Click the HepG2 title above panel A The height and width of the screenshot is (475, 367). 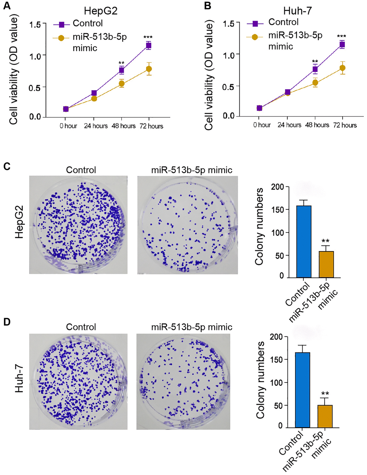[101, 11]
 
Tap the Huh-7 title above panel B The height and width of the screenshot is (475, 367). [297, 11]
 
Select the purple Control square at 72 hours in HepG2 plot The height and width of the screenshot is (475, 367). [149, 45]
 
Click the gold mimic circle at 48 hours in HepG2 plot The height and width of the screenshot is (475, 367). [122, 84]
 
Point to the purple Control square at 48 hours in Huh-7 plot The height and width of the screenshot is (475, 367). [315, 69]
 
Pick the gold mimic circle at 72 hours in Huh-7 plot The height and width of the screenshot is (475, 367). [343, 68]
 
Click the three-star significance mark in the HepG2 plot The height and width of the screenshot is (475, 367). [148, 37]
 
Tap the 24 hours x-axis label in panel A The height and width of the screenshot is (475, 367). [96, 126]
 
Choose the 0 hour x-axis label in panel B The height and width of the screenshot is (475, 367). [262, 125]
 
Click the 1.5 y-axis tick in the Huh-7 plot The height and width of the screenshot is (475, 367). [228, 24]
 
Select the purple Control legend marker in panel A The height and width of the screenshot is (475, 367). [62, 24]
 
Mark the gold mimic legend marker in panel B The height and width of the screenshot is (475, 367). [255, 36]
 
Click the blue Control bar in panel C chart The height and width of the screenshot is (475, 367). [304, 241]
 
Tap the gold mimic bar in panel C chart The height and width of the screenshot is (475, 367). [326, 264]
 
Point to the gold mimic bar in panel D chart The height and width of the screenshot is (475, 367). [325, 416]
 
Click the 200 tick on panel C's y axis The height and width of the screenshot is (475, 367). [277, 187]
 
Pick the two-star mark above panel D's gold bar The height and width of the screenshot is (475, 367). [325, 394]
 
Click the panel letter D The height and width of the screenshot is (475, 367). [7, 322]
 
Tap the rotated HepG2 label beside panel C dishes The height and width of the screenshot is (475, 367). [19, 222]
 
